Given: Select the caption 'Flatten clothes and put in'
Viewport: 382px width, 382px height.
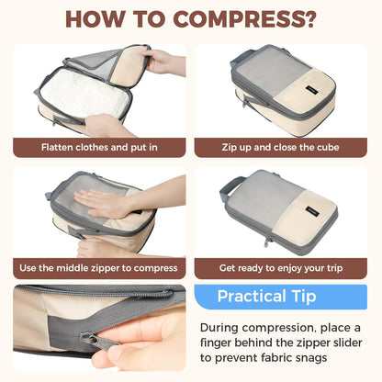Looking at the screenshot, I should click(x=99, y=147).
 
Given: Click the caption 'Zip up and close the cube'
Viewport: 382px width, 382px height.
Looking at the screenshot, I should click(x=281, y=147).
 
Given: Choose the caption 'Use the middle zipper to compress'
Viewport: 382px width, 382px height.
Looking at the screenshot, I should click(x=99, y=268).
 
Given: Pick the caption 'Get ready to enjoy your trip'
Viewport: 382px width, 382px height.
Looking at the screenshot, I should click(x=281, y=268).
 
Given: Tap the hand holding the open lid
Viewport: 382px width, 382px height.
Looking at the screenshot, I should click(x=165, y=62).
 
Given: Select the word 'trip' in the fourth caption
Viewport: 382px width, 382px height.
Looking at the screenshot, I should click(x=330, y=268).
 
